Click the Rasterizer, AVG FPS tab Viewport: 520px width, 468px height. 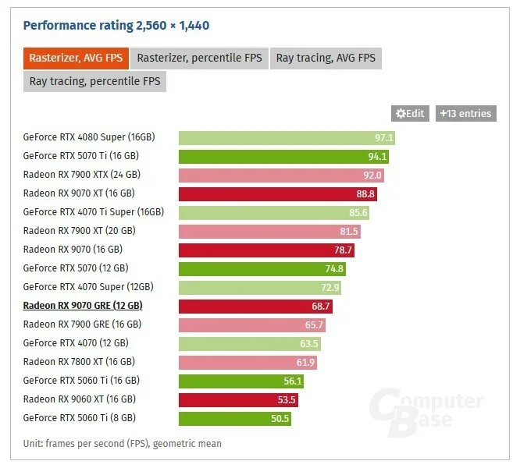coord(77,58)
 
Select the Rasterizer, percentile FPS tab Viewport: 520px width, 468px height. coord(200,58)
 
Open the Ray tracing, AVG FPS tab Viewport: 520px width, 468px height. coord(326,58)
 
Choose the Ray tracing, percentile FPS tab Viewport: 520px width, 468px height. coord(94,80)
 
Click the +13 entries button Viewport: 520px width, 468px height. coord(465,114)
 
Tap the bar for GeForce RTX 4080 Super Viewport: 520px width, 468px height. coord(287,138)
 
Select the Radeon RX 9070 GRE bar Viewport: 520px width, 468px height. coord(255,307)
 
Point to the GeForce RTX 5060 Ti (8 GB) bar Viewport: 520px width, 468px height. coord(235,419)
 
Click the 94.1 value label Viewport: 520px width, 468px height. coord(378,157)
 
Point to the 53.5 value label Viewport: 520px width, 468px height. coord(287,400)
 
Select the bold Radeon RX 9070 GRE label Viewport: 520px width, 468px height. coord(83,306)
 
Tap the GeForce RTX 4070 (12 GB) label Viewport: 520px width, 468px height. coord(76,343)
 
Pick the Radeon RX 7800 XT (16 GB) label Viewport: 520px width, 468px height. coord(79,362)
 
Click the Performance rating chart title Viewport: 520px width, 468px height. coord(116,26)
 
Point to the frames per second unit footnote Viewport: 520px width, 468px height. coord(122,444)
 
